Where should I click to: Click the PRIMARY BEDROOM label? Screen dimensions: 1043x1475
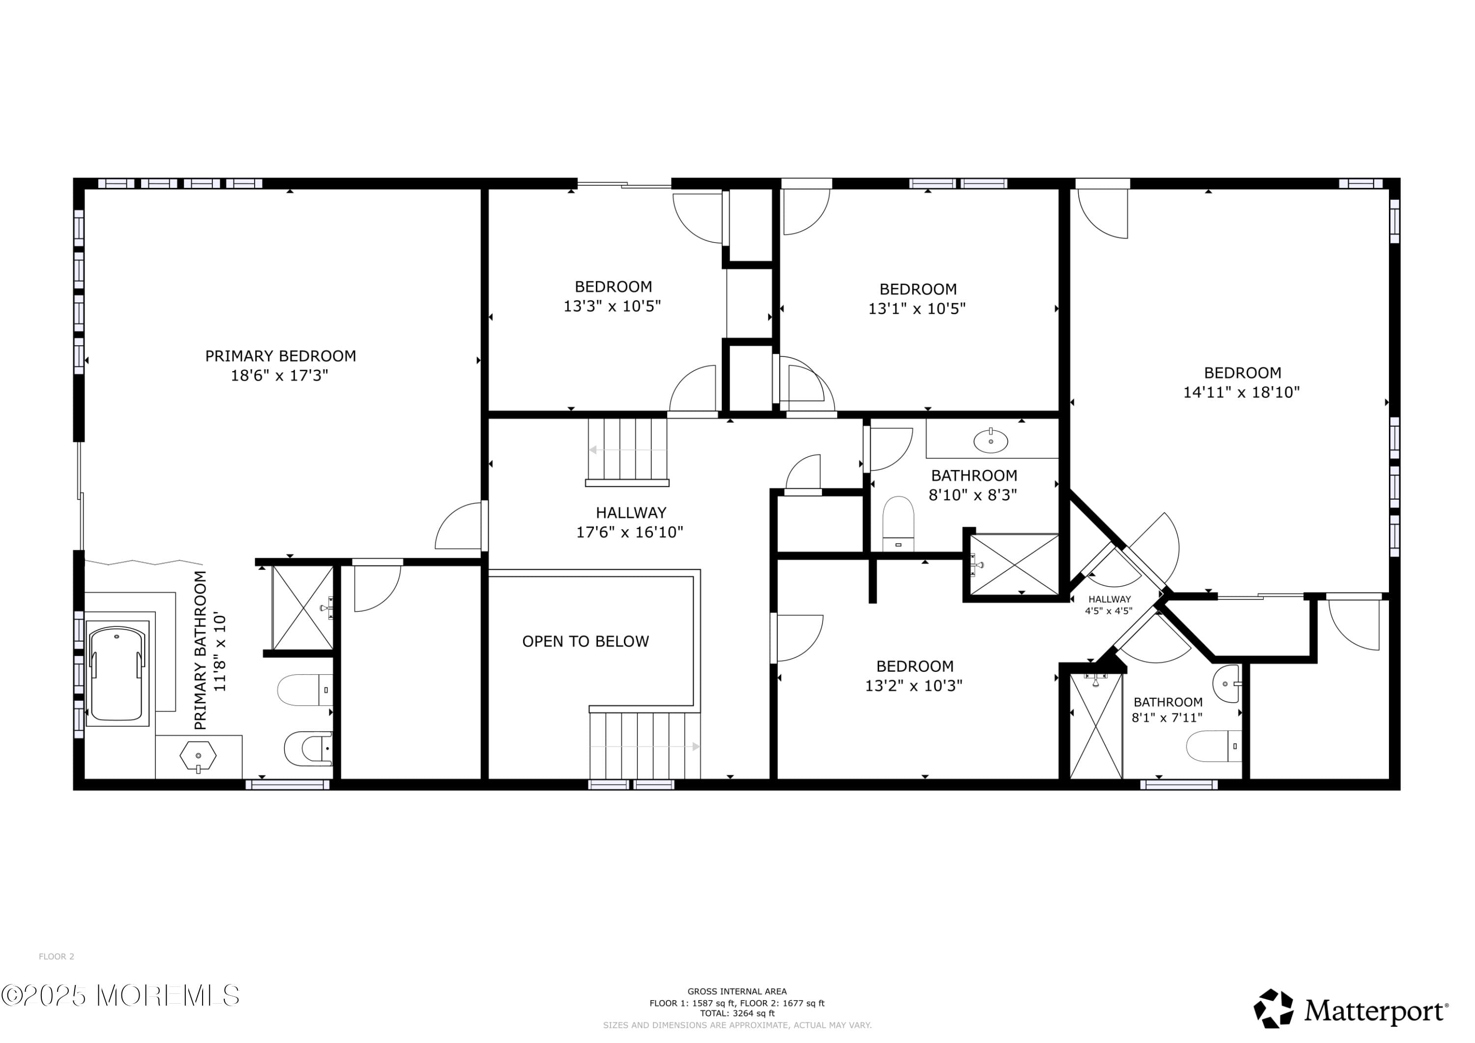click(x=280, y=356)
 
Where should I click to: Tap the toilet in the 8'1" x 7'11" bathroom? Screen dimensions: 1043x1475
click(x=1213, y=746)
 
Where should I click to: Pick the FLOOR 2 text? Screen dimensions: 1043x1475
click(x=57, y=956)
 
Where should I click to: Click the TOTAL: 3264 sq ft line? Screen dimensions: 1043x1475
click(x=737, y=1013)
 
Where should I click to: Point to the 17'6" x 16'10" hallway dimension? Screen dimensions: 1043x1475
click(x=629, y=532)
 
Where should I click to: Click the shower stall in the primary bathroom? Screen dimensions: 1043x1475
click(x=302, y=608)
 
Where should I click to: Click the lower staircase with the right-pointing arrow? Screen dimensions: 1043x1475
click(x=645, y=746)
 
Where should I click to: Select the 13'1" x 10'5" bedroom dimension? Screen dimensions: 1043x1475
click(x=917, y=308)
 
